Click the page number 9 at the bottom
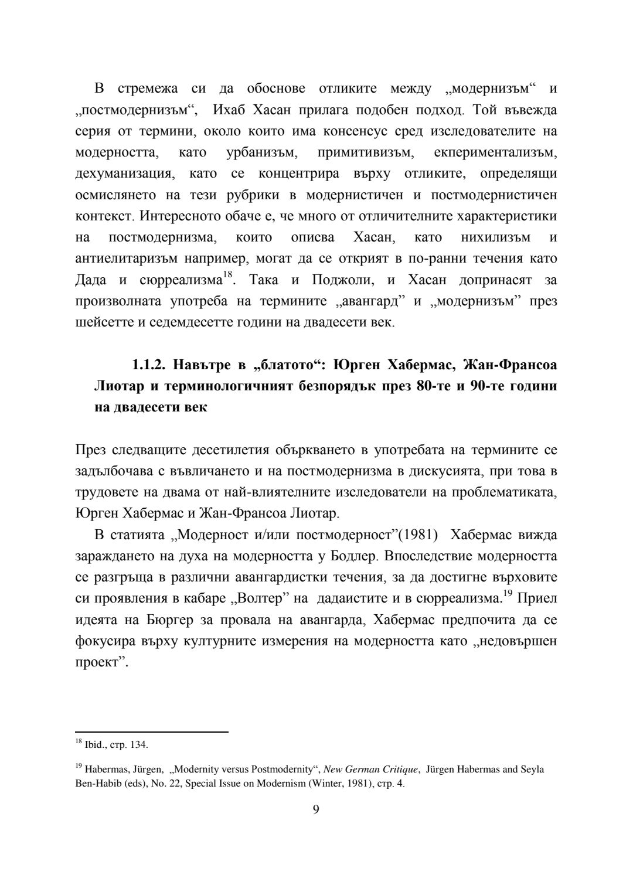pos(316,810)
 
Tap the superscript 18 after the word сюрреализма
pos(227,274)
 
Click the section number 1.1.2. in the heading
pos(149,365)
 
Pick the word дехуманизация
pos(123,173)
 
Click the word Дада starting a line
pos(91,280)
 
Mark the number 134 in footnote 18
pos(140,746)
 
